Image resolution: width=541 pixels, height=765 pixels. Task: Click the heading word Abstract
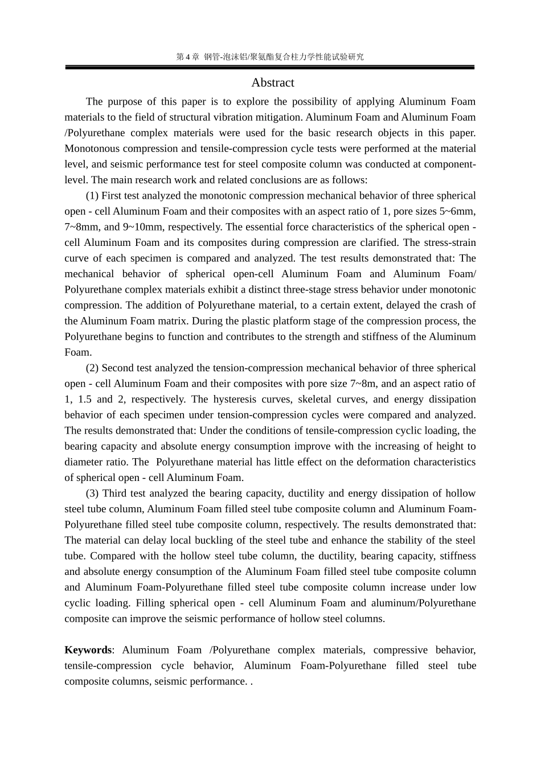(x=273, y=83)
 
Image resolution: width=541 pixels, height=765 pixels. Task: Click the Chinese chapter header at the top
(x=270, y=56)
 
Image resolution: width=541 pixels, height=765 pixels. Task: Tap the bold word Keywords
(x=88, y=650)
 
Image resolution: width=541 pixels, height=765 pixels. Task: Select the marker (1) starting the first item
(x=92, y=196)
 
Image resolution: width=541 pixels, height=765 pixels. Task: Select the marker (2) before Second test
(x=92, y=368)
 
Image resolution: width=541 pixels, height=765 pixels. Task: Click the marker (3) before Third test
(x=92, y=493)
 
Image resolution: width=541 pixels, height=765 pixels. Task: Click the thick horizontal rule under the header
(x=270, y=68)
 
